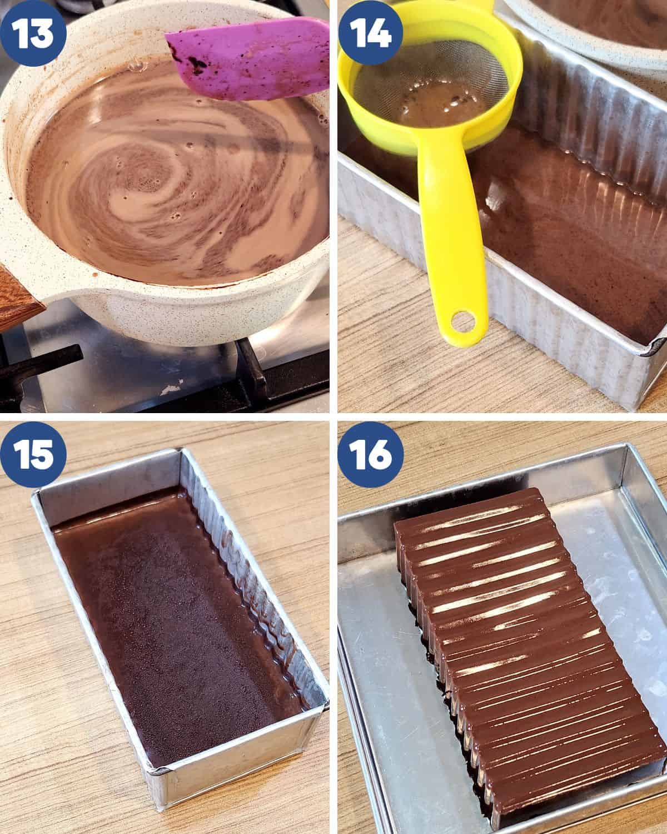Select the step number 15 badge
33,455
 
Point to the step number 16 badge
371,455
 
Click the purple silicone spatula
248,58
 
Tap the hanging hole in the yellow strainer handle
464,321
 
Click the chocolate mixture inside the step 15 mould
178,624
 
